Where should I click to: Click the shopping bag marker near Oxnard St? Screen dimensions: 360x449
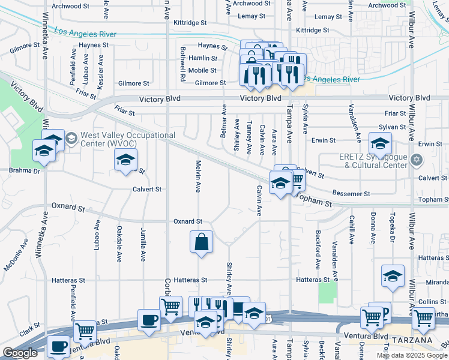pos(202,242)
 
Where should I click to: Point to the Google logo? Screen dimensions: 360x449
pos(20,353)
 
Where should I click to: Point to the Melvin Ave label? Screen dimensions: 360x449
pos(197,176)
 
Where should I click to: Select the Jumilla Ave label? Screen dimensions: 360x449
pos(143,247)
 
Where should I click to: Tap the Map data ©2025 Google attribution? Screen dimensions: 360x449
pos(411,355)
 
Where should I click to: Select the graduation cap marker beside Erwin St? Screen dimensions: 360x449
pos(380,144)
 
